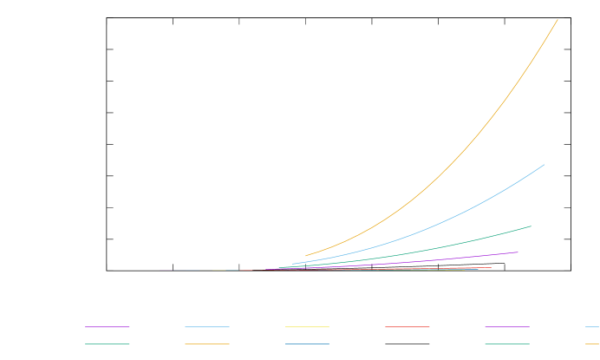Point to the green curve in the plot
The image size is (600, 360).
468,240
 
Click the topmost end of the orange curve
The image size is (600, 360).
558,20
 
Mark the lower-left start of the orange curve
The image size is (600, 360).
306,256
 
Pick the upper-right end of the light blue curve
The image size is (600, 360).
545,165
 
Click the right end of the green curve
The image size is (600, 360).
531,226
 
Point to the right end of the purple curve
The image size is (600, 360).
518,252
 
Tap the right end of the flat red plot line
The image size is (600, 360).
492,268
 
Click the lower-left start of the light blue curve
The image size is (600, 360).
293,264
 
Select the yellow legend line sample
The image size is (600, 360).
307,327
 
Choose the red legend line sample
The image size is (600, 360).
407,327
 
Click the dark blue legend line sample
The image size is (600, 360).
307,344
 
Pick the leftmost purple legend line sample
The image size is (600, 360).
107,327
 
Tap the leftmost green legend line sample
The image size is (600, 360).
107,344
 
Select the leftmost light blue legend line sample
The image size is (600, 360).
206,327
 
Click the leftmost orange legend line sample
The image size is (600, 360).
206,344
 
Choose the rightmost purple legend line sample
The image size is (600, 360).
507,327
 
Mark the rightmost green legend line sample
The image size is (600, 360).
507,344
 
